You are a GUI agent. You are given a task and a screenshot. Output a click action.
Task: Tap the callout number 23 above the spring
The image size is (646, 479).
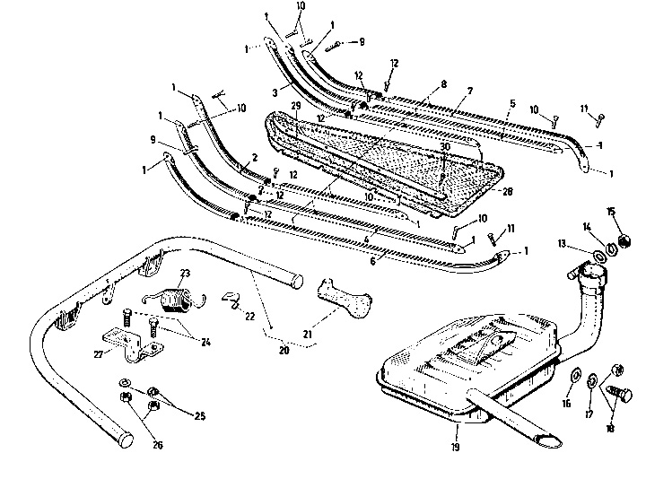pos(185,274)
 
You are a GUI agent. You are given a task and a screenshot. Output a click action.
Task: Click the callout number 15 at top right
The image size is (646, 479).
pos(611,212)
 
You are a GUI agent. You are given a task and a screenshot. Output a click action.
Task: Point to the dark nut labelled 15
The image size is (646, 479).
pos(618,240)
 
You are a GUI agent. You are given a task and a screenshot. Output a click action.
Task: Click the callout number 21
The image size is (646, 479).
pos(307,335)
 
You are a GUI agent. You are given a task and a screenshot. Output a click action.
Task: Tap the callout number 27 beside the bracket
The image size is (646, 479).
pos(99,353)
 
